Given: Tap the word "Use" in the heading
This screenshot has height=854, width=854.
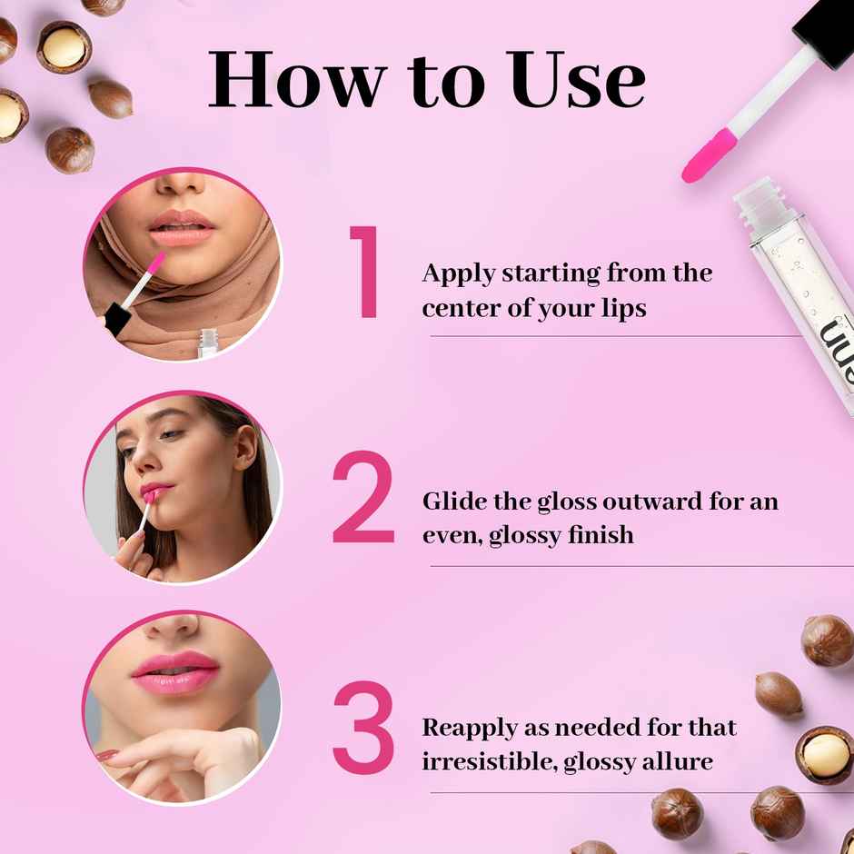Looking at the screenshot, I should click(575, 80).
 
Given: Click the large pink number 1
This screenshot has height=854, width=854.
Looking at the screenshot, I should click(366, 273).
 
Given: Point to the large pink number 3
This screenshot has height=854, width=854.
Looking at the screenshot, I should click(363, 727).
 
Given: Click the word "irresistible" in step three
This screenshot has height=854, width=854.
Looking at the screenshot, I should click(488, 761).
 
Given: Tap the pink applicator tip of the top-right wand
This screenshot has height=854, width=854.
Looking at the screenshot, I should click(709, 155).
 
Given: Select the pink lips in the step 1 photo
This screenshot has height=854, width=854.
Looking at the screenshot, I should click(182, 228).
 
